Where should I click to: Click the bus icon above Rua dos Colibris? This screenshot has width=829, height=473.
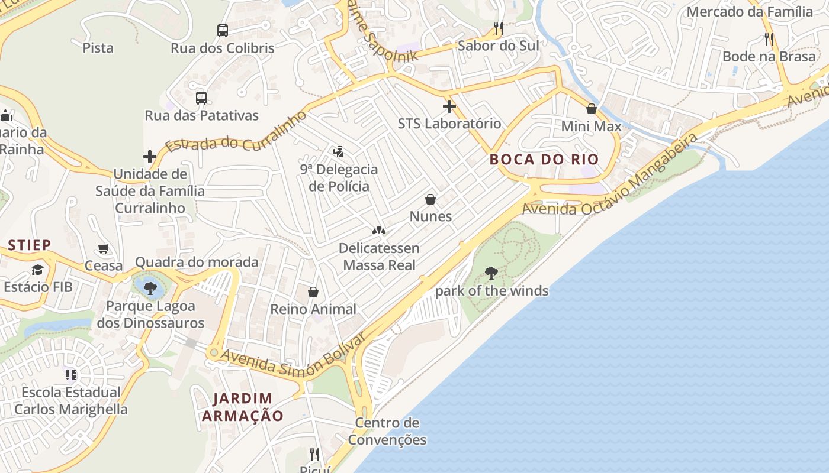pyautogui.click(x=223, y=31)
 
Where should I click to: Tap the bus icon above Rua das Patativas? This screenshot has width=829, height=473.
pyautogui.click(x=201, y=98)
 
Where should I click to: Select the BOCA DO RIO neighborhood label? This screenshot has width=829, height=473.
pyautogui.click(x=544, y=159)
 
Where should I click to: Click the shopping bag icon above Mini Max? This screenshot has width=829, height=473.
pyautogui.click(x=591, y=109)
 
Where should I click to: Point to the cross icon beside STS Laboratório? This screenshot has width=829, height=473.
pyautogui.click(x=449, y=106)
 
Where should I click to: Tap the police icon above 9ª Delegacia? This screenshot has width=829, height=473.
pyautogui.click(x=338, y=152)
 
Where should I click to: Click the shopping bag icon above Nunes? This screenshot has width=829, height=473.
pyautogui.click(x=430, y=199)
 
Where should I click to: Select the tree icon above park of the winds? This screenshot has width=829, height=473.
pyautogui.click(x=491, y=273)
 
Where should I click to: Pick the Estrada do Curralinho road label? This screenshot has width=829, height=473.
pyautogui.click(x=236, y=131)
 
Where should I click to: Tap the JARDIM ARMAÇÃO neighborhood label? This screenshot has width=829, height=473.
pyautogui.click(x=243, y=407)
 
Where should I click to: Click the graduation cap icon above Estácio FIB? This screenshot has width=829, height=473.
pyautogui.click(x=38, y=270)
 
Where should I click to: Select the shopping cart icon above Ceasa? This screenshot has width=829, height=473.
pyautogui.click(x=104, y=249)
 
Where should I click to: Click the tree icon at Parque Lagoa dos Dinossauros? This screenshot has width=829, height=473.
pyautogui.click(x=150, y=289)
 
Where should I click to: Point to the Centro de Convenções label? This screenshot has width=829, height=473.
pyautogui.click(x=387, y=431)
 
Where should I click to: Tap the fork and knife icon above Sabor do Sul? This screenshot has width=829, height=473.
pyautogui.click(x=499, y=28)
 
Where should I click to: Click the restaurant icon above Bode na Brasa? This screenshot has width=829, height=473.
pyautogui.click(x=769, y=39)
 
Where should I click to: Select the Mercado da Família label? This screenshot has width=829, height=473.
pyautogui.click(x=750, y=11)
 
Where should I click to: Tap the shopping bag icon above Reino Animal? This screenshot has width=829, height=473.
pyautogui.click(x=313, y=292)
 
